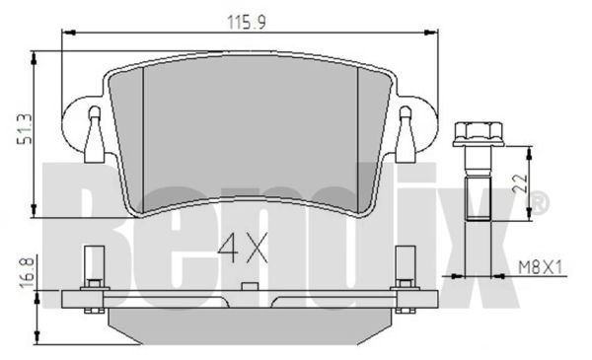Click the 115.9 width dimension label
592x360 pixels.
click(x=246, y=23)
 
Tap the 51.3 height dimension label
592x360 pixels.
click(x=26, y=129)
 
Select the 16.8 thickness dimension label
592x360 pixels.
click(x=27, y=272)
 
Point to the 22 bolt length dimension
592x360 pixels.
click(x=520, y=183)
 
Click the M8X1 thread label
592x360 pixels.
click(x=540, y=267)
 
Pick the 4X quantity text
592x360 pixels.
click(x=243, y=248)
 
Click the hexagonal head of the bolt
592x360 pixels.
click(x=479, y=134)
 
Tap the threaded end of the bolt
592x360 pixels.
click(x=478, y=199)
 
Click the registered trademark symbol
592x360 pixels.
click(x=539, y=203)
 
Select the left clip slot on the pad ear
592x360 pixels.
click(x=94, y=135)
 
